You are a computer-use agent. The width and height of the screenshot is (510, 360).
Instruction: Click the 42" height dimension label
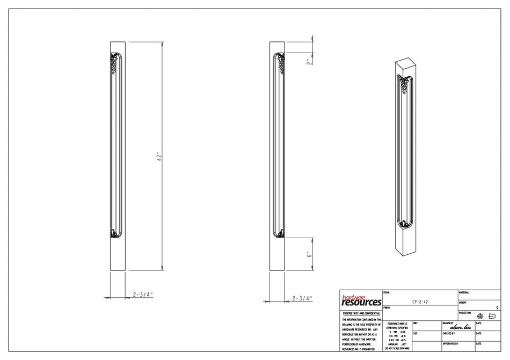[x=159, y=157]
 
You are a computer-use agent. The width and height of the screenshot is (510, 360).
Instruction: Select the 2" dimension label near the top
[x=308, y=62]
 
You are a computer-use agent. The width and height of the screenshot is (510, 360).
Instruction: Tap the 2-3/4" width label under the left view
[x=143, y=294]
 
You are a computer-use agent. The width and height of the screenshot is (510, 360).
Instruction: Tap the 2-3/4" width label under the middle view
[x=302, y=298]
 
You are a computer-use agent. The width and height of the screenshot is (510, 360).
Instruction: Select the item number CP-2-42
[x=420, y=303]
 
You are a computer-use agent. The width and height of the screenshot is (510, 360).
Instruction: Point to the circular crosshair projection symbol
[x=480, y=316]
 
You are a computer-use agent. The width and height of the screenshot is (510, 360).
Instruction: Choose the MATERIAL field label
[x=464, y=292]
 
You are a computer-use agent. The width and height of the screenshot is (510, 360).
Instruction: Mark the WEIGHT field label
[x=463, y=303]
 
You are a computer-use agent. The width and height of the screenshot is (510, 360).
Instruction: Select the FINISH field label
[x=387, y=308]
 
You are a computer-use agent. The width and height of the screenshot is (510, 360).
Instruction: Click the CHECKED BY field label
[x=450, y=333]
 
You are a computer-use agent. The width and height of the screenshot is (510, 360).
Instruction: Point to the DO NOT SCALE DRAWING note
[x=397, y=349]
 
